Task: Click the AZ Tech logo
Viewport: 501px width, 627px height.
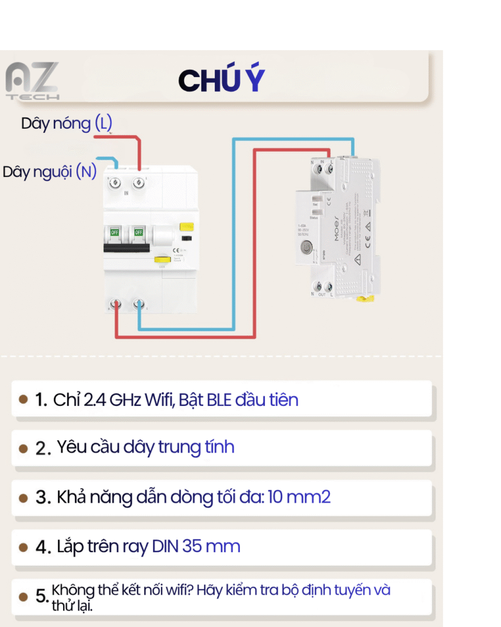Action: pos(32,81)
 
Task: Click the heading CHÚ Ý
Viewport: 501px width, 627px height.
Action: pos(221,81)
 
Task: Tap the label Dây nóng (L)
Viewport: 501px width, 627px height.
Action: pos(67,123)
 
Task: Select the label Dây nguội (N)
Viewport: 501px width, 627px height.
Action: pos(50,171)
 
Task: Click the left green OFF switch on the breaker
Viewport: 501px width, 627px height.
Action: pos(114,233)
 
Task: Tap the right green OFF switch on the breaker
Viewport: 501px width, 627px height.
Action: pos(139,233)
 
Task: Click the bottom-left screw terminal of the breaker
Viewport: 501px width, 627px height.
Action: pos(114,304)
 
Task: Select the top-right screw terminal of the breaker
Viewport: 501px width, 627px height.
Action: pos(139,181)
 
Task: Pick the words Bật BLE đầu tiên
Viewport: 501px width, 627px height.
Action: pos(239,400)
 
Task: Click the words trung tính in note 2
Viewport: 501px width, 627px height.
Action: pos(196,447)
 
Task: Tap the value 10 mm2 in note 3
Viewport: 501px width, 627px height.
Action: pos(299,497)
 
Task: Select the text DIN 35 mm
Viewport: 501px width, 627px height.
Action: pos(196,546)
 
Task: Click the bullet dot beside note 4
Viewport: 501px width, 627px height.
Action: pos(23,547)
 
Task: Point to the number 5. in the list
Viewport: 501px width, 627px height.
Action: pos(42,596)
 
